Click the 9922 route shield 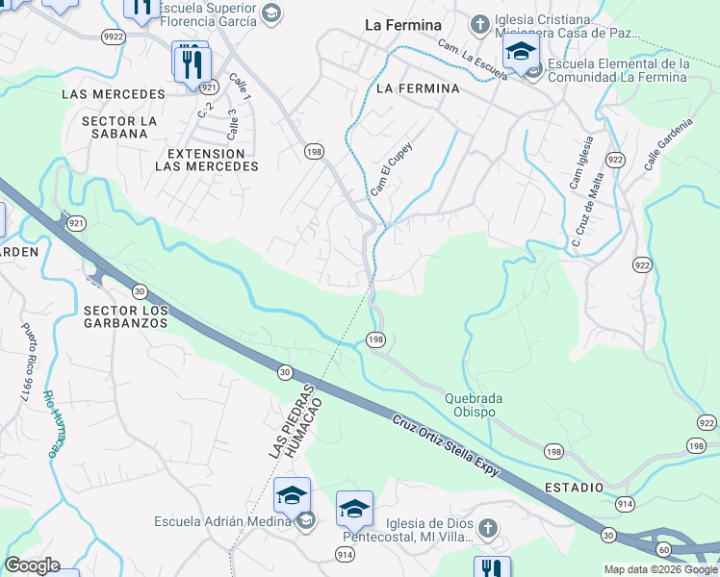114,37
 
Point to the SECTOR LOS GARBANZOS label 126,316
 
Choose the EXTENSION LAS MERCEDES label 207,160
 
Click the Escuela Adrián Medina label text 222,521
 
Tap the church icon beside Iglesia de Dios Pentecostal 488,527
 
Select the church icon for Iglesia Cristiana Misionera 480,23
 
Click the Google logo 31,565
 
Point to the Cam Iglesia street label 576,166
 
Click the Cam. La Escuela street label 472,60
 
